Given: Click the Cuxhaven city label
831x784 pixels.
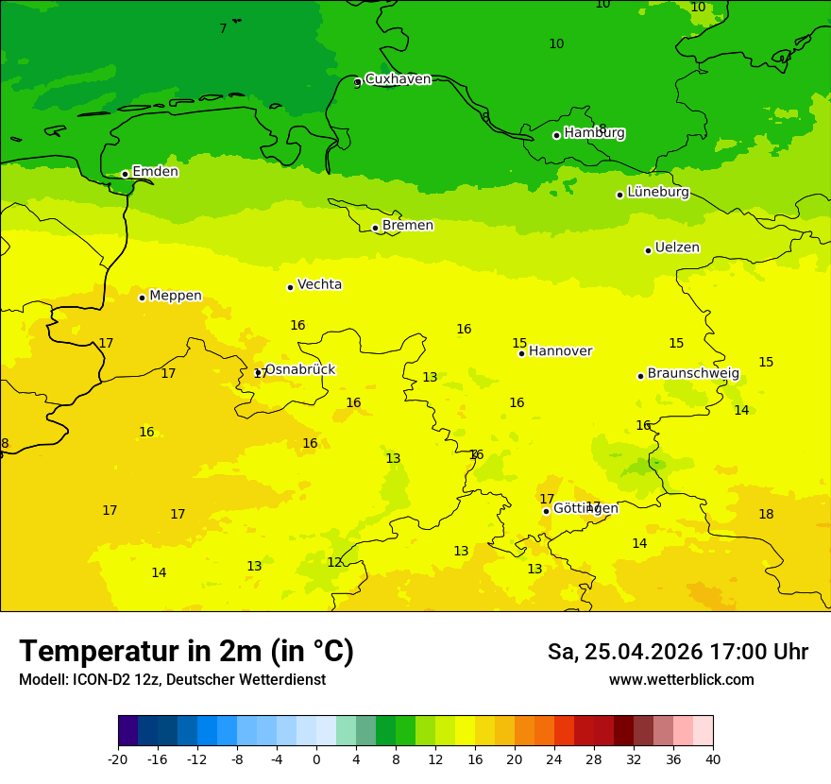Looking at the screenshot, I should pyautogui.click(x=398, y=79).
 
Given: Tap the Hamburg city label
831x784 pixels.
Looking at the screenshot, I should pyautogui.click(x=594, y=133).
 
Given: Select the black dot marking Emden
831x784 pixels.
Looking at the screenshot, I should pyautogui.click(x=125, y=174).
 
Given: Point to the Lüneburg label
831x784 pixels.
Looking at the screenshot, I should pyautogui.click(x=658, y=192).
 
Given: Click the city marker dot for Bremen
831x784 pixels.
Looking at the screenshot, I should pyautogui.click(x=375, y=228).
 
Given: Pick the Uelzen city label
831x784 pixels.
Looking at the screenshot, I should pyautogui.click(x=677, y=247).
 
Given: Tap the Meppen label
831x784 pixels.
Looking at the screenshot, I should pyautogui.click(x=176, y=296).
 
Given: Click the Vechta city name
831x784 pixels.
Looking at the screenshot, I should pyautogui.click(x=319, y=284).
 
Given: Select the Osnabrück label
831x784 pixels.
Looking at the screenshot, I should pyautogui.click(x=299, y=369).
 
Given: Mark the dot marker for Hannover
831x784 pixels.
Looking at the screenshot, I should pyautogui.click(x=521, y=353).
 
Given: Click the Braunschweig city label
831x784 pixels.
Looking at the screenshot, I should pyautogui.click(x=693, y=373).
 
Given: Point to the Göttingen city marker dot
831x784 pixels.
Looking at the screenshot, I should pyautogui.click(x=546, y=511).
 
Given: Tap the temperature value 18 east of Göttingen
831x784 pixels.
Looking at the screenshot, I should pyautogui.click(x=766, y=514).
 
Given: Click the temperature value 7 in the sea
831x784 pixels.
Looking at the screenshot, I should pyautogui.click(x=223, y=29).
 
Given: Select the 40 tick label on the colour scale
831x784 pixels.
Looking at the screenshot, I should pyautogui.click(x=712, y=759).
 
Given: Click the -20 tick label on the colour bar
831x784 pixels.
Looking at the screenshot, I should pyautogui.click(x=118, y=759).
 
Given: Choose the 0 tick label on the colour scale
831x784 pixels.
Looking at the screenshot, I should pyautogui.click(x=316, y=759).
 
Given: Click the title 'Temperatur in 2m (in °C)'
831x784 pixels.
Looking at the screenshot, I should pyautogui.click(x=186, y=651).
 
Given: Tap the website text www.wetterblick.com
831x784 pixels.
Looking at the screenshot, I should pyautogui.click(x=681, y=679).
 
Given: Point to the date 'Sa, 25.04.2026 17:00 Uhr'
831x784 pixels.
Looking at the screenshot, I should pyautogui.click(x=677, y=652).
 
